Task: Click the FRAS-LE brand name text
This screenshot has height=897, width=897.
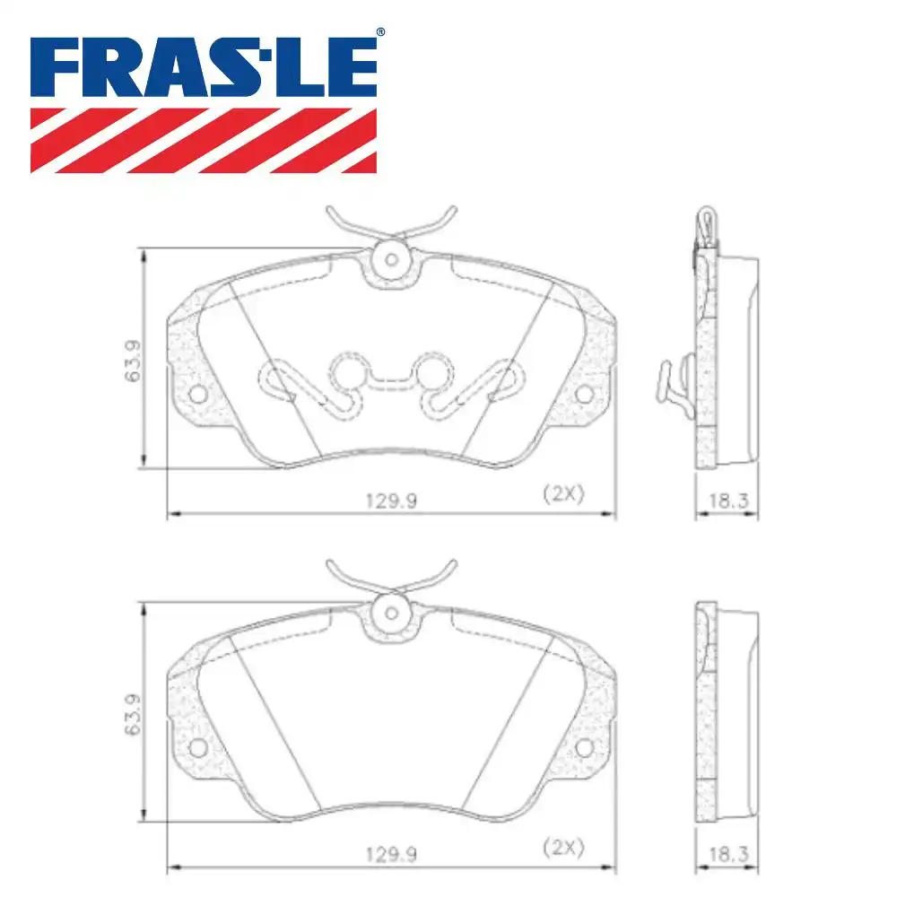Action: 204,67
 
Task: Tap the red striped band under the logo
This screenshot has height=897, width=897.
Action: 204,141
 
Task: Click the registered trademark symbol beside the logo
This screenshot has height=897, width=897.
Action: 380,32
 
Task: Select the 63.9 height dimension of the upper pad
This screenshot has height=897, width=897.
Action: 132,361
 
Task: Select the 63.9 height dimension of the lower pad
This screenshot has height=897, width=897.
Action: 132,715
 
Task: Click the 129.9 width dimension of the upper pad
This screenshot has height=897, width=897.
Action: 391,501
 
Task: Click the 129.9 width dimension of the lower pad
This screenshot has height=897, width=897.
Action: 391,855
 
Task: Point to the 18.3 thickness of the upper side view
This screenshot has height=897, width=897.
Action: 728,501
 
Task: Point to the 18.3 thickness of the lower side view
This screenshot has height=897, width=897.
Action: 728,855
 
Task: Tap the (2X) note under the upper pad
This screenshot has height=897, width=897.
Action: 563,493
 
